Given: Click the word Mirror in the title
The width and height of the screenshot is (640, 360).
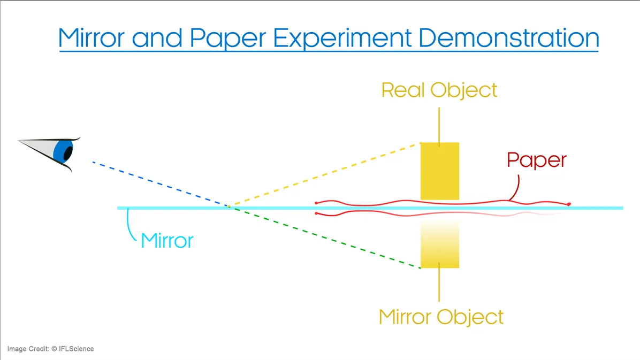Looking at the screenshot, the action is pos(92,37).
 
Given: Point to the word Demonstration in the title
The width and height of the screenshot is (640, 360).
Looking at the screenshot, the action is pos(508,37).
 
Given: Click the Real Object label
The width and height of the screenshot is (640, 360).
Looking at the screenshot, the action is pos(439,90).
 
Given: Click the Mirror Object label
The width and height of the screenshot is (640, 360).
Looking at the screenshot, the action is pos(441,317).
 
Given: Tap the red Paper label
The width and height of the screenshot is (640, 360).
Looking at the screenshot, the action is pos(536,160).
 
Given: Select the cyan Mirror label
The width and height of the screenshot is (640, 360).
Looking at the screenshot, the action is pos(167,240).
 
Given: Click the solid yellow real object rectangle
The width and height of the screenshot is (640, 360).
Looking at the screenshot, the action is pos(440,171).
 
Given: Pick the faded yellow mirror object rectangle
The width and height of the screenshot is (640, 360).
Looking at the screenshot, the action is pos(440,244).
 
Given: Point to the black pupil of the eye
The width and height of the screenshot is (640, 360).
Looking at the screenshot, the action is pos(68,152).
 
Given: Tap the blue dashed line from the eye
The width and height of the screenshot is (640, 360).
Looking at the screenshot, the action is pos(161,184).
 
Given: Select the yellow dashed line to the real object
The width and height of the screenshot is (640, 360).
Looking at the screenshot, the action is pos(325,175).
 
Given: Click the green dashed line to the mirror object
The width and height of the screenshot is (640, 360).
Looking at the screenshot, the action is pos(325,237).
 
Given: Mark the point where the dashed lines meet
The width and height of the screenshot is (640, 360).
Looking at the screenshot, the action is pos(229,207).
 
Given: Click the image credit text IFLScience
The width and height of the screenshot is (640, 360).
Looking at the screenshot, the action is pos(77,349).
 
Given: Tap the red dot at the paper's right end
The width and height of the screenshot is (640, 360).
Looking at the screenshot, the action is pos(569,204).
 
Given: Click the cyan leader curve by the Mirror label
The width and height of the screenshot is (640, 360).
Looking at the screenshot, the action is pos(130,226).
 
